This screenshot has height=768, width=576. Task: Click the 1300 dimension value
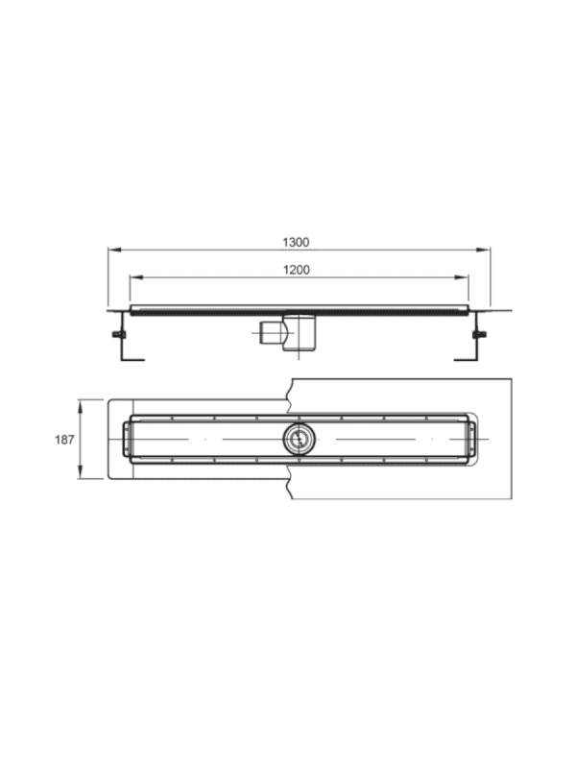(296, 242)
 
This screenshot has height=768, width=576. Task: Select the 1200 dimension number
(297, 270)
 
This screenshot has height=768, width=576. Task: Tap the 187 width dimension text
(64, 440)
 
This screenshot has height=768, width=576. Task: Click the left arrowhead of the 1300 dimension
(113, 250)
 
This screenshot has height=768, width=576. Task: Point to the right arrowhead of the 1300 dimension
(484, 250)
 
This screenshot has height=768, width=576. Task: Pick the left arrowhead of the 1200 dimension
(135, 277)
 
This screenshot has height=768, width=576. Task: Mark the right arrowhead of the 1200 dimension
(463, 277)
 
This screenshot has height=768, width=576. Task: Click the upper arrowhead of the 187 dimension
(81, 405)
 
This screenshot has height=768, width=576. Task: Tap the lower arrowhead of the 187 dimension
(81, 472)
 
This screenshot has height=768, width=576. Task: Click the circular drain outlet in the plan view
(299, 439)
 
